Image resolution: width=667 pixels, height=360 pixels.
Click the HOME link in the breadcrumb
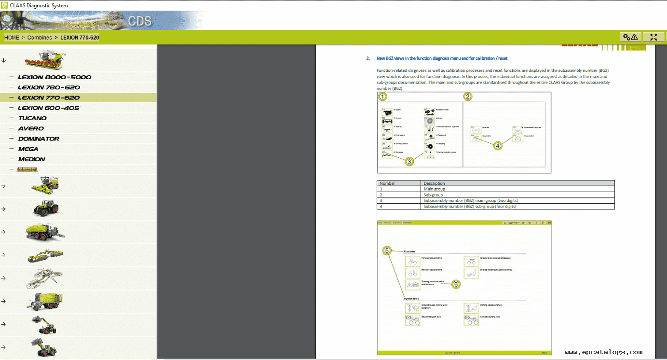click(x=12, y=38)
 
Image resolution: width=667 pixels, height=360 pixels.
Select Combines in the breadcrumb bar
click(x=40, y=38)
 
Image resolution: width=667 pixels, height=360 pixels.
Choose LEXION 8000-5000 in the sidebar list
click(x=54, y=77)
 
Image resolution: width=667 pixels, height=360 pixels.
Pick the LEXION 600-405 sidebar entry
click(x=49, y=108)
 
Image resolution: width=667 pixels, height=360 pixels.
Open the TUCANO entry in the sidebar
click(x=32, y=118)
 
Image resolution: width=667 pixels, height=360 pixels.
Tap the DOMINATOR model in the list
click(x=39, y=139)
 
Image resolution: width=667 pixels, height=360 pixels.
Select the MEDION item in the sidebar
click(x=31, y=159)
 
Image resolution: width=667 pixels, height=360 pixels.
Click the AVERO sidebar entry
click(x=31, y=129)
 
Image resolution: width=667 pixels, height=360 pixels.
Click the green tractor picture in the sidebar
click(x=46, y=208)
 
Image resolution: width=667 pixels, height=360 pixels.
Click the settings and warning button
click(x=630, y=37)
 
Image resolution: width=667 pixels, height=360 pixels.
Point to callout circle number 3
click(x=409, y=162)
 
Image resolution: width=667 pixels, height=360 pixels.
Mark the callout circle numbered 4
click(x=498, y=145)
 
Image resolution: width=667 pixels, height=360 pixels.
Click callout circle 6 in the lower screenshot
click(x=456, y=284)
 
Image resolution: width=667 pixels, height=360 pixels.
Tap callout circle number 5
click(x=387, y=250)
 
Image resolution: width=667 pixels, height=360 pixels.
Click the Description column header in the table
click(x=434, y=183)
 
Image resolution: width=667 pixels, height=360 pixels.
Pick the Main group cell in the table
click(x=434, y=189)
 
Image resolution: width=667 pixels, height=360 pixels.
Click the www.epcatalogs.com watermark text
click(x=603, y=352)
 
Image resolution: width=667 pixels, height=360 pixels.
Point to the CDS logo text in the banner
click(x=140, y=21)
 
